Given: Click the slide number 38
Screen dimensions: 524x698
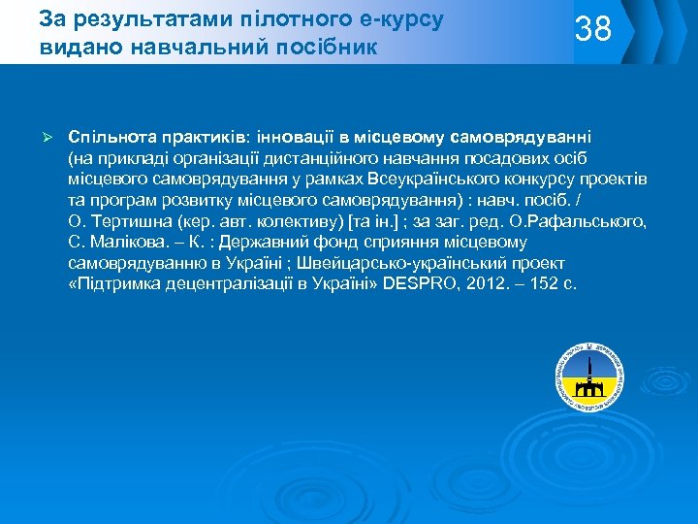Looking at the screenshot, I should [594, 29].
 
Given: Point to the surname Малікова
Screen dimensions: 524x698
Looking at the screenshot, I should [125, 244].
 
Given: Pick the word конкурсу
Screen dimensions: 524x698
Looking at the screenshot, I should [547, 180].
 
